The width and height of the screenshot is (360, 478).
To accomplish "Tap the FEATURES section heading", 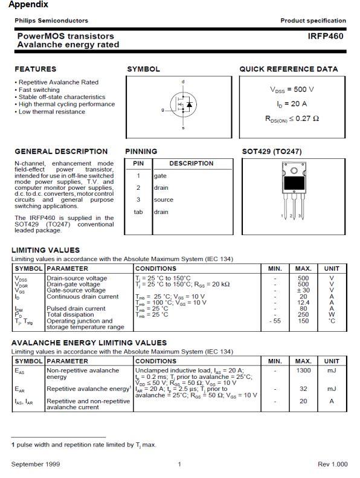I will (x=36, y=69).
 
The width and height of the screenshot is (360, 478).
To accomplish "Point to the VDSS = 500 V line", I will (x=292, y=89).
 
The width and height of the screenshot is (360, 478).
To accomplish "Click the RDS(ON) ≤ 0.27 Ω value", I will (x=292, y=118).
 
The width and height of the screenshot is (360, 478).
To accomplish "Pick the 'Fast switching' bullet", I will (x=39, y=89).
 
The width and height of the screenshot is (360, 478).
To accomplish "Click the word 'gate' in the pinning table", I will (x=160, y=176).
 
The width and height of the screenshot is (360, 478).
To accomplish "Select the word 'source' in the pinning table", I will (x=163, y=199).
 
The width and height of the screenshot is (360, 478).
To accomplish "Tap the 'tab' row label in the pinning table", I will (x=138, y=212).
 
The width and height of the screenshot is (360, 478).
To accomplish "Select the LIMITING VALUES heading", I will (x=45, y=250).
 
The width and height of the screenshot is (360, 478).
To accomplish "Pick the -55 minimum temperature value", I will (x=275, y=321).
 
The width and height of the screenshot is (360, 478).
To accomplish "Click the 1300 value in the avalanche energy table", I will (x=303, y=370).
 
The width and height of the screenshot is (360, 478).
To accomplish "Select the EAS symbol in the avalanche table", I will (x=20, y=370).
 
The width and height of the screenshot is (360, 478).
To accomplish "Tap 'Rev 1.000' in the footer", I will (x=332, y=464).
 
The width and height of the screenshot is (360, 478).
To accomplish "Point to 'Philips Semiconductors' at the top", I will (x=51, y=21).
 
